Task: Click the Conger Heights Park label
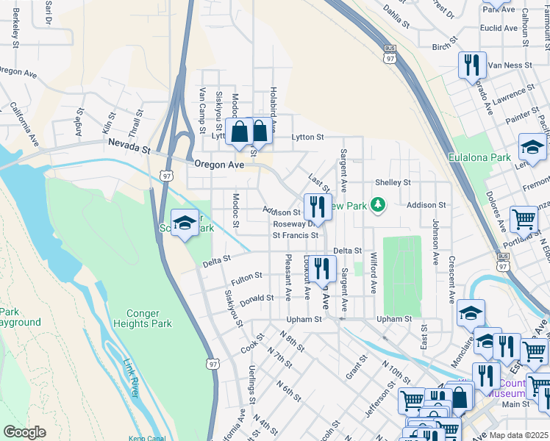coord(143,318)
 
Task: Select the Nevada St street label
coord(129,148)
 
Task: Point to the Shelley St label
coord(393,182)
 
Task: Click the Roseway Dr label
coord(293,224)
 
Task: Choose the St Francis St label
coord(295,236)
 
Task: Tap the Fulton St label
coord(246,276)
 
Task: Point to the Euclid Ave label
coord(500,28)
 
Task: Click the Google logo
coord(24,432)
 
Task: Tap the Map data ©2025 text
coord(518,434)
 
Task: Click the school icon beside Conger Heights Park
coord(185,223)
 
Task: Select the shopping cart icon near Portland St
coord(524,219)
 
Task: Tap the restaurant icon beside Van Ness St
coord(472,65)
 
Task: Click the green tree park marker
coord(378,204)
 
